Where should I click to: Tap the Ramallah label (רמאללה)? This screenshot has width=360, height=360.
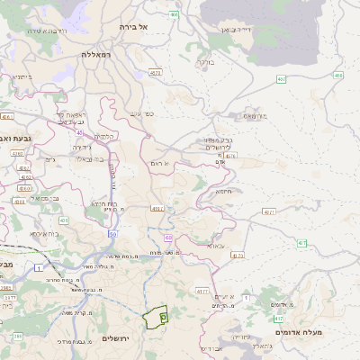click(x=95, y=55)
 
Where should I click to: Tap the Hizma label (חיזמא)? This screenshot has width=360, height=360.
click(x=224, y=191)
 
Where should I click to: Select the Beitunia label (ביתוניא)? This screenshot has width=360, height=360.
click(x=22, y=77)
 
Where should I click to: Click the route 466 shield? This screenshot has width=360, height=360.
click(x=174, y=14)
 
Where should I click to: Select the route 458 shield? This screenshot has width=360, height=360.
click(x=338, y=76)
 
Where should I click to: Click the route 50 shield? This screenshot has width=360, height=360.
click(x=112, y=234)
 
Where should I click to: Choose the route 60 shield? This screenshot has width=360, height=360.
click(x=168, y=238)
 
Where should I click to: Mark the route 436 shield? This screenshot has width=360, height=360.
click(x=64, y=220)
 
